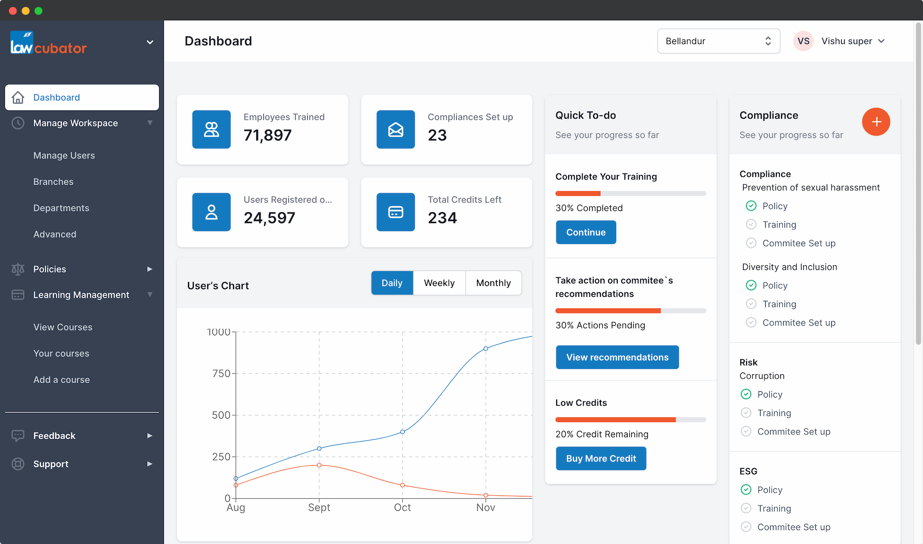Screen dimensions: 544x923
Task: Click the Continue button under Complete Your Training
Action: click(586, 232)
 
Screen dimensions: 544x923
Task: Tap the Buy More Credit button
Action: click(600, 458)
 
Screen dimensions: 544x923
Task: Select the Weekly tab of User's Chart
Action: click(439, 283)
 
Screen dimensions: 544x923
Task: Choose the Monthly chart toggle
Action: click(493, 283)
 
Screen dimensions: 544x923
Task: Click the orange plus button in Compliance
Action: click(875, 122)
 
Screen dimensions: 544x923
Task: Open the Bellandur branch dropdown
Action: click(718, 41)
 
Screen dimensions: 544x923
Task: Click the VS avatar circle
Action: click(803, 41)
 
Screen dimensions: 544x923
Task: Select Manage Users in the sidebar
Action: click(64, 156)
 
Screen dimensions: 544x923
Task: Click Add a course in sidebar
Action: click(62, 380)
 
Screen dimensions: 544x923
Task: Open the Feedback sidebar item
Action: click(54, 436)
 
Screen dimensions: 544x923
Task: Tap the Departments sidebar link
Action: click(61, 208)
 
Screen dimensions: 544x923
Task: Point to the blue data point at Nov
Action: click(486, 348)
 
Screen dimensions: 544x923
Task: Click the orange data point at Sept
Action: click(319, 465)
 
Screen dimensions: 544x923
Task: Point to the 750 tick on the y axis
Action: click(221, 373)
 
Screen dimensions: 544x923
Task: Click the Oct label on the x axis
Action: click(402, 507)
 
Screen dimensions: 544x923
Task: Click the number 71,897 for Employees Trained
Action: click(267, 136)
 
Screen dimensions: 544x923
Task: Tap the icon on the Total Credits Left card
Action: click(395, 212)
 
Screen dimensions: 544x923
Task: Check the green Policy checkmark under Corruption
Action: click(746, 394)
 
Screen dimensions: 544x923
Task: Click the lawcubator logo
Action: click(48, 43)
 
